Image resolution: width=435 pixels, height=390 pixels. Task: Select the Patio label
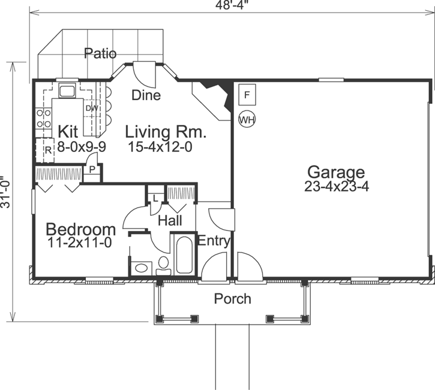pyautogui.click(x=100, y=53)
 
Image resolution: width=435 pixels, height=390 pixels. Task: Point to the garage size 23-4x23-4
pyautogui.click(x=336, y=187)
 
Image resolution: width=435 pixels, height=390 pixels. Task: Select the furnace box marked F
pyautogui.click(x=247, y=94)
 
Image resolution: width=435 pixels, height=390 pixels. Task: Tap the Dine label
pyautogui.click(x=146, y=95)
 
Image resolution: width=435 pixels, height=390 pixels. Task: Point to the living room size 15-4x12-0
pyautogui.click(x=160, y=146)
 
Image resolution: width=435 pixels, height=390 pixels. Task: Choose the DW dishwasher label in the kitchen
pyautogui.click(x=92, y=108)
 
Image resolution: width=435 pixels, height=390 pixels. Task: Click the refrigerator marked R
pyautogui.click(x=47, y=150)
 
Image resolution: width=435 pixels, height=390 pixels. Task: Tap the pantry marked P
pyautogui.click(x=92, y=170)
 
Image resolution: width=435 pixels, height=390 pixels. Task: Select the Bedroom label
pyautogui.click(x=81, y=229)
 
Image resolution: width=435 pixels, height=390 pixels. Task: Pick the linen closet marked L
pyautogui.click(x=155, y=197)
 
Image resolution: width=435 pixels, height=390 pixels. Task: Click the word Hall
pyautogui.click(x=170, y=221)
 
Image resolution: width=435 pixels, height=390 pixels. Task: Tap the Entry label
pyautogui.click(x=214, y=241)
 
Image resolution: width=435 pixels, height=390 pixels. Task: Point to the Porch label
pyautogui.click(x=233, y=299)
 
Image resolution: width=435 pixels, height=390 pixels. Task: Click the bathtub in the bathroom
pyautogui.click(x=184, y=254)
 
